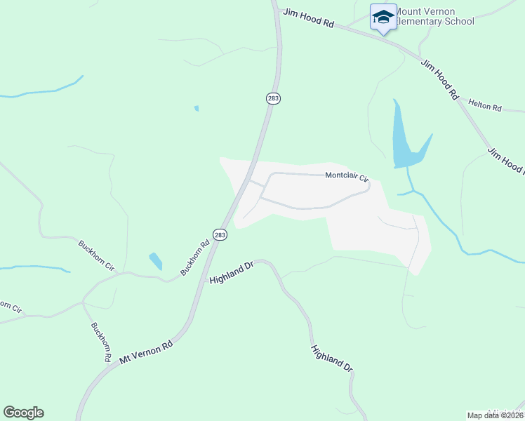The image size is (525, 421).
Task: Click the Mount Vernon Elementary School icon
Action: [x=383, y=18]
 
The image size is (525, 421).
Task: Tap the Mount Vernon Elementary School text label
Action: [x=434, y=16]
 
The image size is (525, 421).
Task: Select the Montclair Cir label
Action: [x=347, y=177]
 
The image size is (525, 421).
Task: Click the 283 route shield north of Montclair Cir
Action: [x=273, y=99]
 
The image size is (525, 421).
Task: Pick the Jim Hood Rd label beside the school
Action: [x=308, y=18]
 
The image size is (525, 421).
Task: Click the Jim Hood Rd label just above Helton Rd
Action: [x=439, y=79]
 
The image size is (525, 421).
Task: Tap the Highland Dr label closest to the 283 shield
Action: [x=231, y=273]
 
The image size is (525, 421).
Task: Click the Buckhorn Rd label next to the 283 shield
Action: [x=196, y=258]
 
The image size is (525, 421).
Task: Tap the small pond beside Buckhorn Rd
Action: [x=156, y=261]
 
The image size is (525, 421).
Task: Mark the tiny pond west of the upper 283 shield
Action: [x=197, y=109]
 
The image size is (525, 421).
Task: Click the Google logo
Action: [x=23, y=413]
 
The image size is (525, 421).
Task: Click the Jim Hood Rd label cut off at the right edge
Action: [x=505, y=160]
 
